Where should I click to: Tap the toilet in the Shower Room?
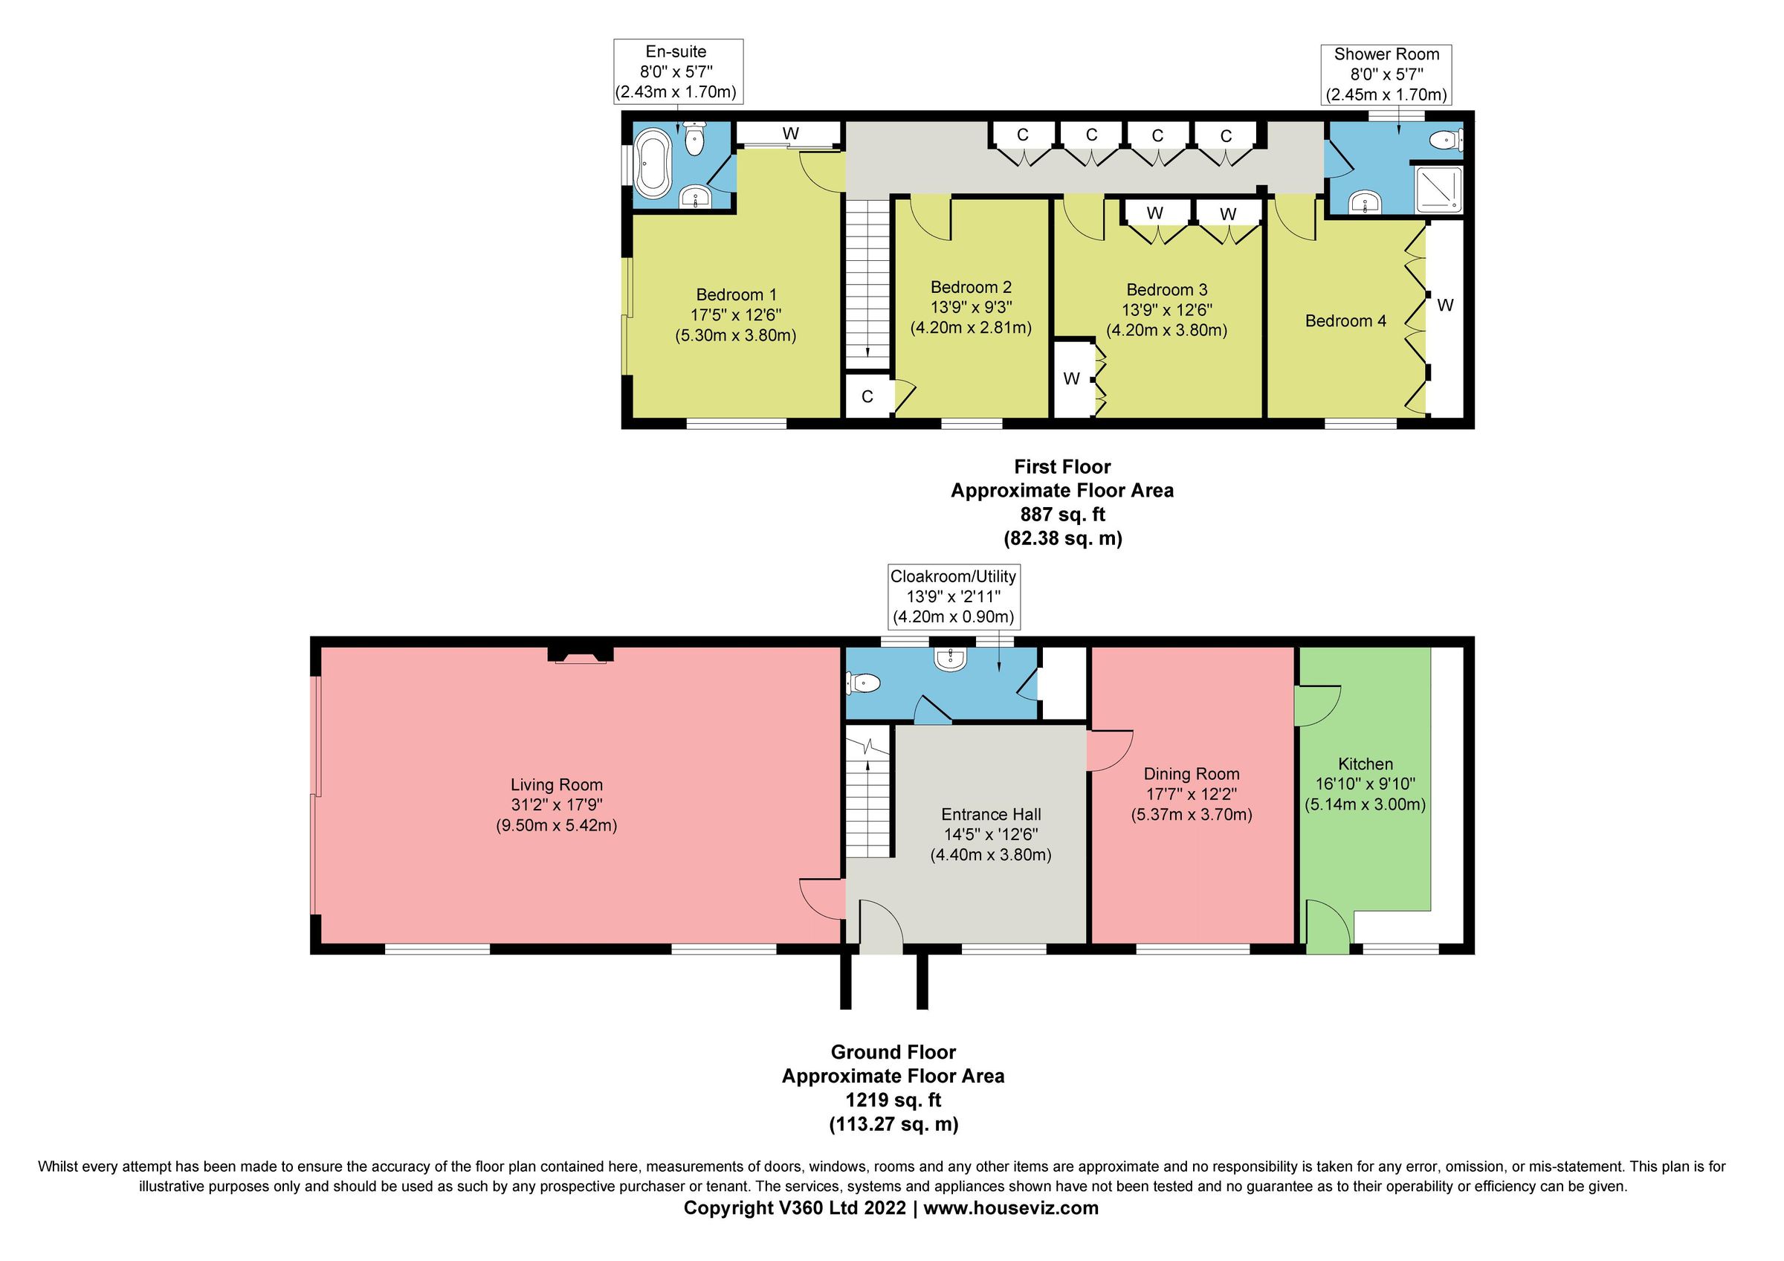pyautogui.click(x=1447, y=141)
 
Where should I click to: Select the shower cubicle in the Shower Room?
pyautogui.click(x=1438, y=188)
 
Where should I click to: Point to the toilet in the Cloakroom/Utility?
pyautogui.click(x=864, y=683)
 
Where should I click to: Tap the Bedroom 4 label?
pyautogui.click(x=1345, y=321)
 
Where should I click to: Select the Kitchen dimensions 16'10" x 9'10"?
pyautogui.click(x=1365, y=784)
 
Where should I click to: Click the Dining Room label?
pyautogui.click(x=1190, y=774)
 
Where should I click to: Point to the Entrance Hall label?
pyautogui.click(x=991, y=814)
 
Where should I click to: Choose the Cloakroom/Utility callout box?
pyautogui.click(x=953, y=597)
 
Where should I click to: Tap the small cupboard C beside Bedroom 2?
pyautogui.click(x=867, y=397)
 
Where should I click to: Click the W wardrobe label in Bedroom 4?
pyautogui.click(x=1444, y=306)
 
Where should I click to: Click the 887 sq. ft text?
pyautogui.click(x=1061, y=515)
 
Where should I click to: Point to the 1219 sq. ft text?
pyautogui.click(x=893, y=1100)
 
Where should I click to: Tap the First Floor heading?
pyautogui.click(x=1061, y=467)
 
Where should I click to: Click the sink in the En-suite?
pyautogui.click(x=694, y=200)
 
